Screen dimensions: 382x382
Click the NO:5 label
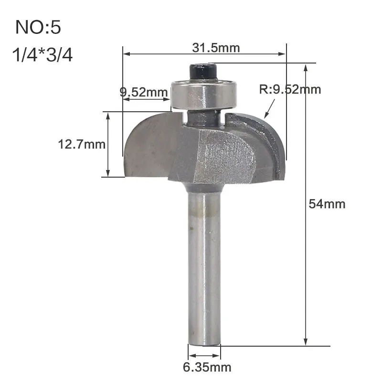click(x=38, y=27)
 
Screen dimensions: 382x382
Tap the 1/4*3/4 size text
click(x=42, y=55)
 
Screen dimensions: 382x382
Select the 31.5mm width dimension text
click(x=216, y=47)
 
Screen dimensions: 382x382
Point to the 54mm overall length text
click(x=327, y=204)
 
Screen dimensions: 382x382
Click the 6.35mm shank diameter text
click(x=207, y=367)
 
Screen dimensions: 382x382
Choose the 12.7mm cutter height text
click(x=82, y=144)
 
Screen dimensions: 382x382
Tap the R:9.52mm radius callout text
click(x=290, y=89)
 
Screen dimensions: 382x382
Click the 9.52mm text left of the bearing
click(x=144, y=92)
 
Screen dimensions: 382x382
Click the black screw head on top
click(x=203, y=72)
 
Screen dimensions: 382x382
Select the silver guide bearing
click(x=204, y=95)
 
